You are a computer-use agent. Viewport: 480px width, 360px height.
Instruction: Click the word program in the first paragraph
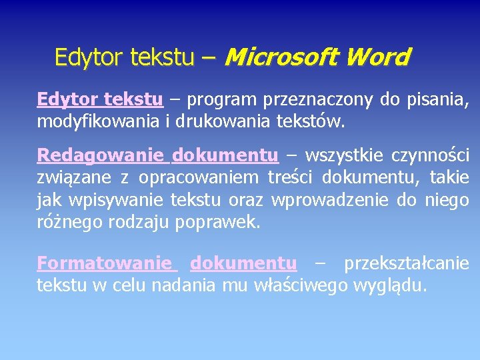coord(222,100)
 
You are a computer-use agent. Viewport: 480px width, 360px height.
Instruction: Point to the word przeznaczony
coord(318,100)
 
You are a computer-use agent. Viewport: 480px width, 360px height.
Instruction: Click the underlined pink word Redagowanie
coord(100,155)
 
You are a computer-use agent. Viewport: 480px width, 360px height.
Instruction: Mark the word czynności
coord(434,155)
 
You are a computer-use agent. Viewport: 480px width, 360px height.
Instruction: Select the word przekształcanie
coord(407,263)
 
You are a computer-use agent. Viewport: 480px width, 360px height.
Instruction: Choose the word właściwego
coord(296,285)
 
